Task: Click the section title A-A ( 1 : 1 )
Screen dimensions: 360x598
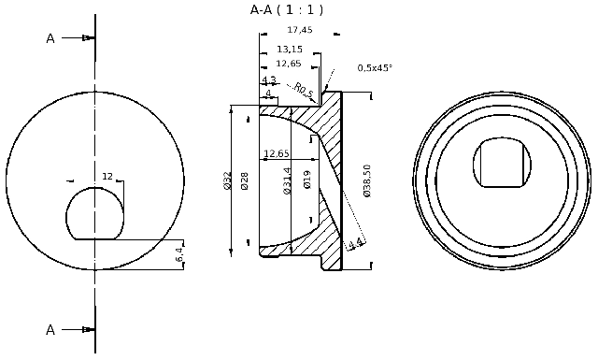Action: (287, 10)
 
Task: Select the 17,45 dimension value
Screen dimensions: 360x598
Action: (299, 30)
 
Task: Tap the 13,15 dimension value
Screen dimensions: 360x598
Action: (290, 49)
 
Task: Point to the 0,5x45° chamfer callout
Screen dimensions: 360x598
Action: (375, 67)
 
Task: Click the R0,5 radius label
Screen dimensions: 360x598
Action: (303, 90)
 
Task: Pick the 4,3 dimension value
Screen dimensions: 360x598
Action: (268, 80)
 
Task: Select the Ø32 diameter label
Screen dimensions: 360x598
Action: (227, 181)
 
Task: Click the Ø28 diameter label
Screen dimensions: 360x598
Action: (245, 181)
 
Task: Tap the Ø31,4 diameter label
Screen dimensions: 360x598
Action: (287, 181)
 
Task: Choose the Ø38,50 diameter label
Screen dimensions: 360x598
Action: (367, 181)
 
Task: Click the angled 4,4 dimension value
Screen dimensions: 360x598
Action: (355, 245)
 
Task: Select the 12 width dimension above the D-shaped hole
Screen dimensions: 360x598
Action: (107, 176)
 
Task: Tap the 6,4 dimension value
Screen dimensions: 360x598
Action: (180, 253)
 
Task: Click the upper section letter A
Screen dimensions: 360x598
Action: (50, 38)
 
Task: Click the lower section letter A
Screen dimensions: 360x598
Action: (50, 329)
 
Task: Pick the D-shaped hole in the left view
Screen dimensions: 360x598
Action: (94, 212)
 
